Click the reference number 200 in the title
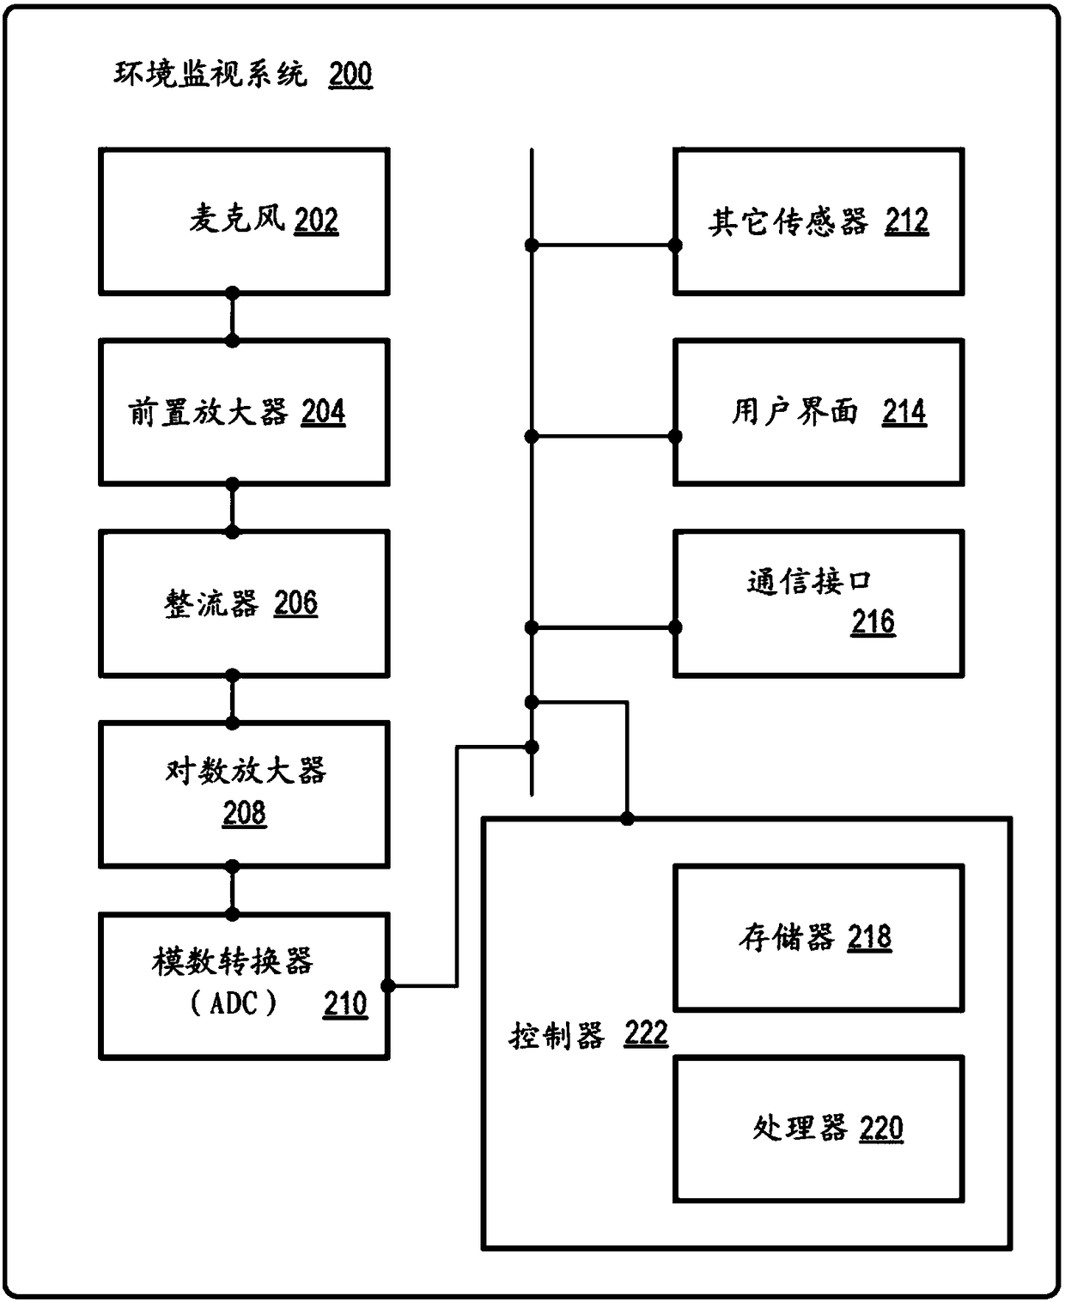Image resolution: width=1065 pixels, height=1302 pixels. tap(350, 76)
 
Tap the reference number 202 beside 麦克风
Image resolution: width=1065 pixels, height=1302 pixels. tap(316, 221)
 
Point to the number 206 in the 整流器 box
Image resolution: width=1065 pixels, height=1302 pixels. tap(295, 603)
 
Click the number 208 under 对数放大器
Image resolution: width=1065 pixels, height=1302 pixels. tap(244, 813)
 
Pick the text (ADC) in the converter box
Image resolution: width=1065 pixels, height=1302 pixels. tap(233, 1002)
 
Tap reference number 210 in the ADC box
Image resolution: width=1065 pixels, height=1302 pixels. tap(345, 1003)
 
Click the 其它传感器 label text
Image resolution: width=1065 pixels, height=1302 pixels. tap(788, 222)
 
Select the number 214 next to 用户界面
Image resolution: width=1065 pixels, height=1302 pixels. tap(904, 413)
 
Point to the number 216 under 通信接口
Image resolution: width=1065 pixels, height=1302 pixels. tap(873, 621)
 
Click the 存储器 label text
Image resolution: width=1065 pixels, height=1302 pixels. tap(786, 937)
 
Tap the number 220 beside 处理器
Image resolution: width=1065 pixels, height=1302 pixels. tap(880, 1128)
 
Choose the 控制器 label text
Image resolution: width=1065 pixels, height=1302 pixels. tap(557, 1036)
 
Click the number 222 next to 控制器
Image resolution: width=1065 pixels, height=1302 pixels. tap(646, 1033)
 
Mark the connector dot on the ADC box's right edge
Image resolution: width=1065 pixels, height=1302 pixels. tap(388, 986)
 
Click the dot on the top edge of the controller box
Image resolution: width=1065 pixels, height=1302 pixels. tap(628, 819)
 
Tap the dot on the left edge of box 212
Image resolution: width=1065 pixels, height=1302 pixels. tap(675, 245)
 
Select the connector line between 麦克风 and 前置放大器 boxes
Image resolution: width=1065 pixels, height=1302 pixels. tap(232, 318)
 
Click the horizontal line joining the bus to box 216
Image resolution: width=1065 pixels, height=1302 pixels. tap(603, 627)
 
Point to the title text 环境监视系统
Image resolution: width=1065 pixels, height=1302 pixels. tap(210, 76)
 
